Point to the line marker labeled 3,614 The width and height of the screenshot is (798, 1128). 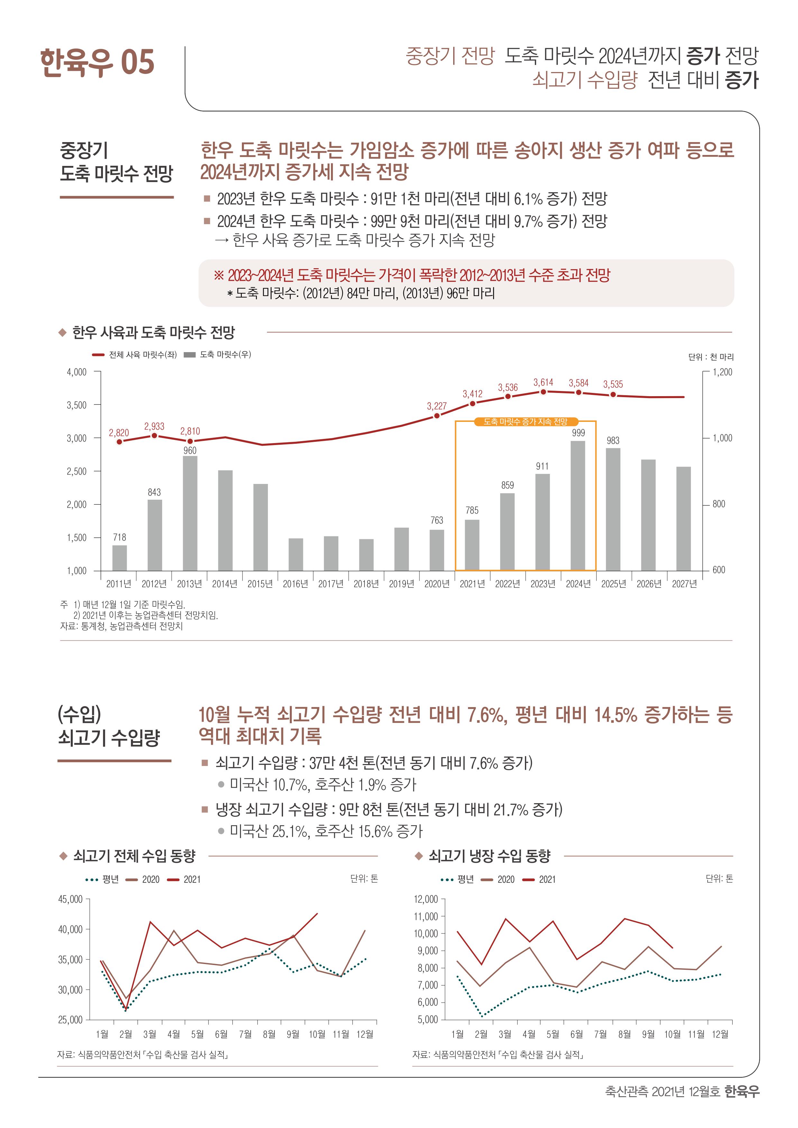tap(544, 392)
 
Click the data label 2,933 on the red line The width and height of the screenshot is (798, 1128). tap(154, 426)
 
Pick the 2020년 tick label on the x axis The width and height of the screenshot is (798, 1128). tap(437, 584)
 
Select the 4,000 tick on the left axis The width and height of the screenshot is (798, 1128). tap(77, 372)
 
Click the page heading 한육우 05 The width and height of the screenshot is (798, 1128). tap(97, 62)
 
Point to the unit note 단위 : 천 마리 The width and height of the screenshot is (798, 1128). tap(711, 357)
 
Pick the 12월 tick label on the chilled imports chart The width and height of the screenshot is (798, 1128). tap(720, 1034)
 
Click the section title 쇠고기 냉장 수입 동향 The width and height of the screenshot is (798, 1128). tap(490, 856)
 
